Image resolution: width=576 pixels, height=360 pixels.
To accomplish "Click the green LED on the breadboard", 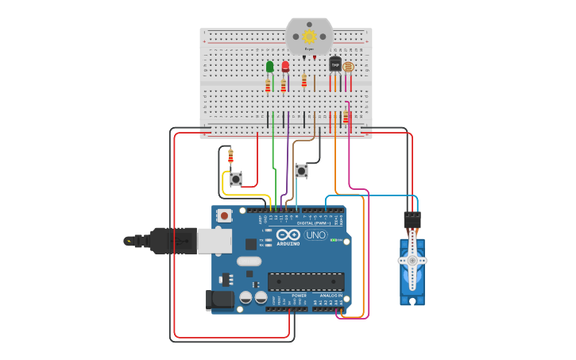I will pyautogui.click(x=270, y=67).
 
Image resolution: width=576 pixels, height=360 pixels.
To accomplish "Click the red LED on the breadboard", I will pyautogui.click(x=286, y=67).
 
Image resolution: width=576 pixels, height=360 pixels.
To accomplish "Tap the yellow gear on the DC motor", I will pyautogui.click(x=309, y=36).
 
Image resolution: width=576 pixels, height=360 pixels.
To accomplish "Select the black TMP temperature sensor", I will pyautogui.click(x=334, y=64).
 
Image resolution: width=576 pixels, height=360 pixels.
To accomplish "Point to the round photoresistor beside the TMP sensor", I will pyautogui.click(x=347, y=66).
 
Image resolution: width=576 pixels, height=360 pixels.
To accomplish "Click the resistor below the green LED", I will pyautogui.click(x=268, y=85).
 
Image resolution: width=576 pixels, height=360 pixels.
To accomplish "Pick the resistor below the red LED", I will pyautogui.click(x=284, y=85).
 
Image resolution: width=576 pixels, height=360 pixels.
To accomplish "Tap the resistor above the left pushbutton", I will pyautogui.click(x=230, y=156).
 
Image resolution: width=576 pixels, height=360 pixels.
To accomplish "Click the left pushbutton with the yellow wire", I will pyautogui.click(x=235, y=179).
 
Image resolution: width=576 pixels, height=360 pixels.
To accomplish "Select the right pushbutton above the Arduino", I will pyautogui.click(x=301, y=170).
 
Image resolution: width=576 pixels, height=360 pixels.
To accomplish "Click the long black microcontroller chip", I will pyautogui.click(x=306, y=281).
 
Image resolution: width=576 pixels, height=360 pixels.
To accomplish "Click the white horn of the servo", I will pyautogui.click(x=412, y=266).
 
